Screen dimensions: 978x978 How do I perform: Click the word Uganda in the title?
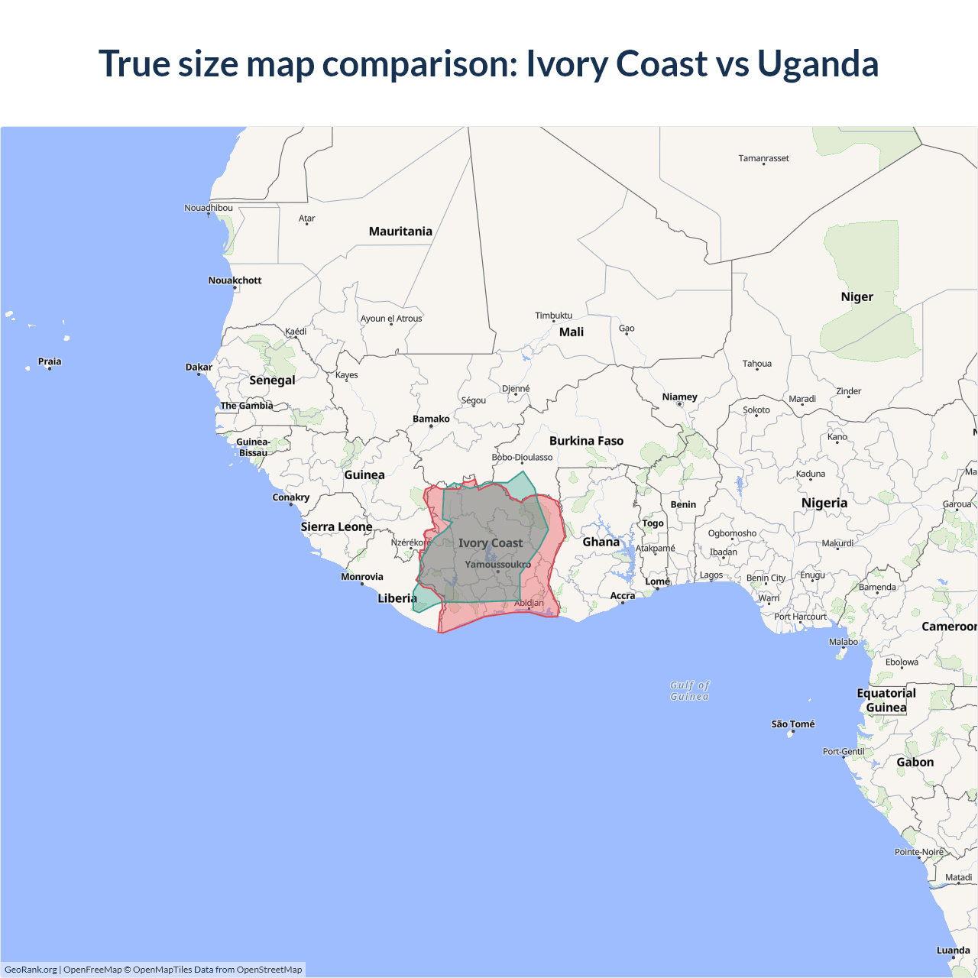pos(818,63)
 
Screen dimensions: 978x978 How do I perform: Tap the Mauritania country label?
pos(400,232)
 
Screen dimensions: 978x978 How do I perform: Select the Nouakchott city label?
pos(235,280)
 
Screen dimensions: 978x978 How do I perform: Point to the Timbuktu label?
pos(553,316)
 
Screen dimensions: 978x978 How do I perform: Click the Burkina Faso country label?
pos(586,441)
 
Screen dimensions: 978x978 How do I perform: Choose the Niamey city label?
pos(679,397)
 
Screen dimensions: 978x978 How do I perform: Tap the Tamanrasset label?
pos(763,158)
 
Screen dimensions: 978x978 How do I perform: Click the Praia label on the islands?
pos(50,361)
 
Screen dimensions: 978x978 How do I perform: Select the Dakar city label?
pos(199,368)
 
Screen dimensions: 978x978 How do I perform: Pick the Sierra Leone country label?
pos(336,526)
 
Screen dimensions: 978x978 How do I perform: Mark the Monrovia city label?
pos(362,577)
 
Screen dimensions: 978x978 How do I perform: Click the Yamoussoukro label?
pos(497,565)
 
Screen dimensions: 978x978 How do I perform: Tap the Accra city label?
pos(622,596)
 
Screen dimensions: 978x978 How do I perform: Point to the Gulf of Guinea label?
pos(689,691)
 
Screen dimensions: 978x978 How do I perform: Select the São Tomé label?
pos(792,724)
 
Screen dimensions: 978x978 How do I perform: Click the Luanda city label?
pos(953,950)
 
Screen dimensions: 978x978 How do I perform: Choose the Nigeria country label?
pos(824,503)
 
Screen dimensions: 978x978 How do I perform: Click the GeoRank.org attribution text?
pos(31,970)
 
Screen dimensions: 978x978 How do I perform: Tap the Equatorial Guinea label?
pos(886,700)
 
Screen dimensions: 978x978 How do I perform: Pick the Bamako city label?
pos(431,419)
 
